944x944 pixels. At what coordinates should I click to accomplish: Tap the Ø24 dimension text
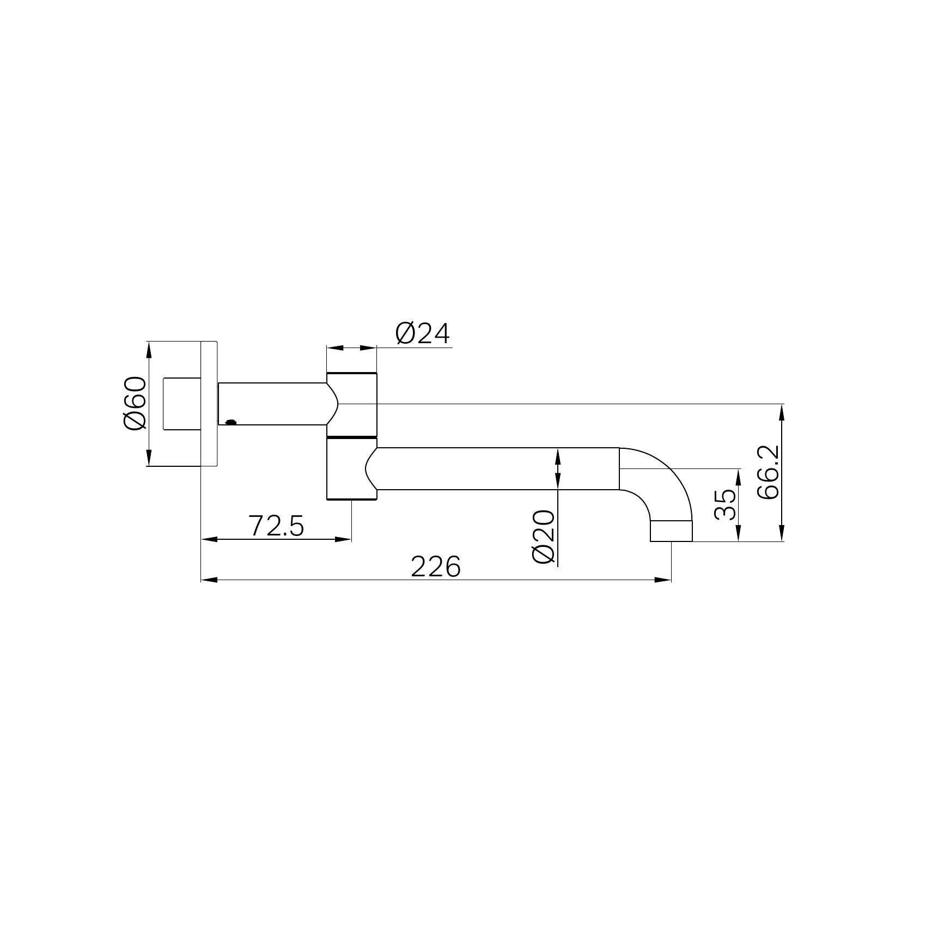pos(423,334)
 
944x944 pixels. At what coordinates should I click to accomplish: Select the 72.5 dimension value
pos(276,526)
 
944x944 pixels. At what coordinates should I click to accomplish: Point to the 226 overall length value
pos(435,567)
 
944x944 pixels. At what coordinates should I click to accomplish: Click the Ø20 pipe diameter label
pos(543,537)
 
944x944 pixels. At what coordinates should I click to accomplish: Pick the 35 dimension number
pos(724,504)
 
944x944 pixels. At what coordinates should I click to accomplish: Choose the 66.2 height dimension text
pos(769,472)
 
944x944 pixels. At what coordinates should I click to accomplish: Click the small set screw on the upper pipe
pos(231,421)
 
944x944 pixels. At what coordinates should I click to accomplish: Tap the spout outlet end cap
pos(671,531)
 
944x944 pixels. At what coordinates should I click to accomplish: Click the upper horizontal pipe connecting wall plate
pos(272,404)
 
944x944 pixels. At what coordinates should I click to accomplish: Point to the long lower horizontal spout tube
pos(496,468)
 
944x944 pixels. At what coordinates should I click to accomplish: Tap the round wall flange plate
pos(209,404)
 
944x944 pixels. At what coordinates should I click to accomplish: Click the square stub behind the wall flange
pos(182,404)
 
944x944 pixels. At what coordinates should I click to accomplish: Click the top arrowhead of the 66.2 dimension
pos(782,411)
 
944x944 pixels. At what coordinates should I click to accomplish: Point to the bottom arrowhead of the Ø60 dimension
pos(148,458)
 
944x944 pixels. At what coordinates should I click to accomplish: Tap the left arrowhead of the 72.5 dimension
pos(209,539)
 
